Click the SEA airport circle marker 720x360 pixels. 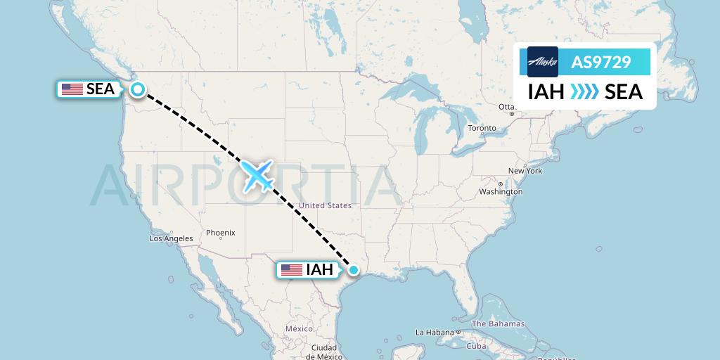click(x=138, y=89)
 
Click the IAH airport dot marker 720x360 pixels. click(x=354, y=269)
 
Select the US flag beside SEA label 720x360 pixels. click(x=72, y=89)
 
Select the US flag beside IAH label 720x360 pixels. click(x=291, y=270)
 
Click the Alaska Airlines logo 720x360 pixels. click(x=542, y=62)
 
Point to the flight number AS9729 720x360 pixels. click(x=600, y=62)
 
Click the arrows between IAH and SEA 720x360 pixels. click(x=584, y=91)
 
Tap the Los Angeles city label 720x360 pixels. click(x=171, y=238)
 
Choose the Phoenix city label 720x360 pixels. click(x=221, y=233)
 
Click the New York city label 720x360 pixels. click(x=525, y=171)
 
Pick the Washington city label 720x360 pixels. click(x=501, y=191)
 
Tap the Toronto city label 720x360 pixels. click(x=482, y=128)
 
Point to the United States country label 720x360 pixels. click(x=325, y=205)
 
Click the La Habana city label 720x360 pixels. click(x=435, y=332)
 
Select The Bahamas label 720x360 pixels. click(x=498, y=324)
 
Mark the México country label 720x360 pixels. click(x=299, y=329)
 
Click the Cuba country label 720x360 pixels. click(x=477, y=346)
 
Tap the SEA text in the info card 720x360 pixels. click(x=623, y=91)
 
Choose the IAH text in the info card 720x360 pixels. click(x=546, y=91)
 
